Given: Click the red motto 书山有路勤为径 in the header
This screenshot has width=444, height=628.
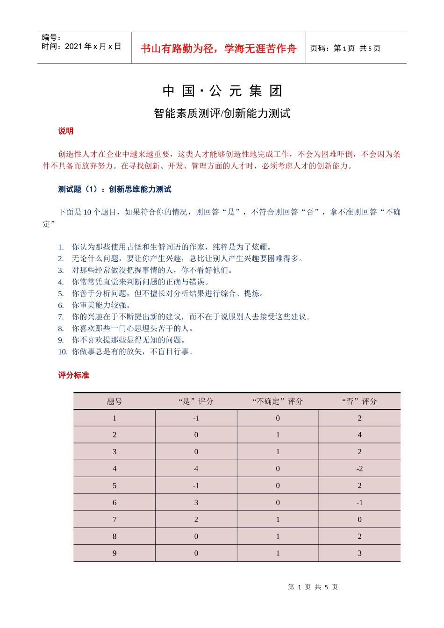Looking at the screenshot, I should tap(218, 49).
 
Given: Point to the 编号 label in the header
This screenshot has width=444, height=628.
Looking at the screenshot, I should tap(51, 37).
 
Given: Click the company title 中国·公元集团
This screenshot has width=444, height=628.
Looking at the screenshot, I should tap(222, 91).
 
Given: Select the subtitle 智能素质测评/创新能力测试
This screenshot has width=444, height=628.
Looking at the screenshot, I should tap(222, 113).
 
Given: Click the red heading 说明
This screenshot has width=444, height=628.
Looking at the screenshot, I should tap(66, 131).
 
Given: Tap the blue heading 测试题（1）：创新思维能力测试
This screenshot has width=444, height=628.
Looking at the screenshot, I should tap(115, 189).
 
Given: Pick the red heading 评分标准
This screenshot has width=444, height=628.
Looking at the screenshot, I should tap(73, 375).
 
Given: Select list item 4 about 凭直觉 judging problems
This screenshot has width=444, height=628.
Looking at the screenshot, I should tap(140, 282).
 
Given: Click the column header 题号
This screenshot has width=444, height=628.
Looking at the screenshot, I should tap(115, 401).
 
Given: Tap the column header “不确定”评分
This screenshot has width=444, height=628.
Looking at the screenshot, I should tap(278, 401).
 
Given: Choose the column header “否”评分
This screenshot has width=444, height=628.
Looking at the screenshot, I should tap(359, 401).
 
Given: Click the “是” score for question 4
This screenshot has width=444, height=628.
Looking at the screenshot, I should tap(196, 469).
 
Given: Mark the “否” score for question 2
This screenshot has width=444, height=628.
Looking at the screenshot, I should tap(359, 435).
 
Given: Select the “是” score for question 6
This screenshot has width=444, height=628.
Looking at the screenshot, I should tap(196, 503).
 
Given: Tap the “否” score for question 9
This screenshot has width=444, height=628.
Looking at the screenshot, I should tap(359, 553).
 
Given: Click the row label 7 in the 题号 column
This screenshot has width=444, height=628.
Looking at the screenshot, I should tap(115, 520).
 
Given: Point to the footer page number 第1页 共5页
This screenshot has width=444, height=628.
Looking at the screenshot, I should tap(313, 587).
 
